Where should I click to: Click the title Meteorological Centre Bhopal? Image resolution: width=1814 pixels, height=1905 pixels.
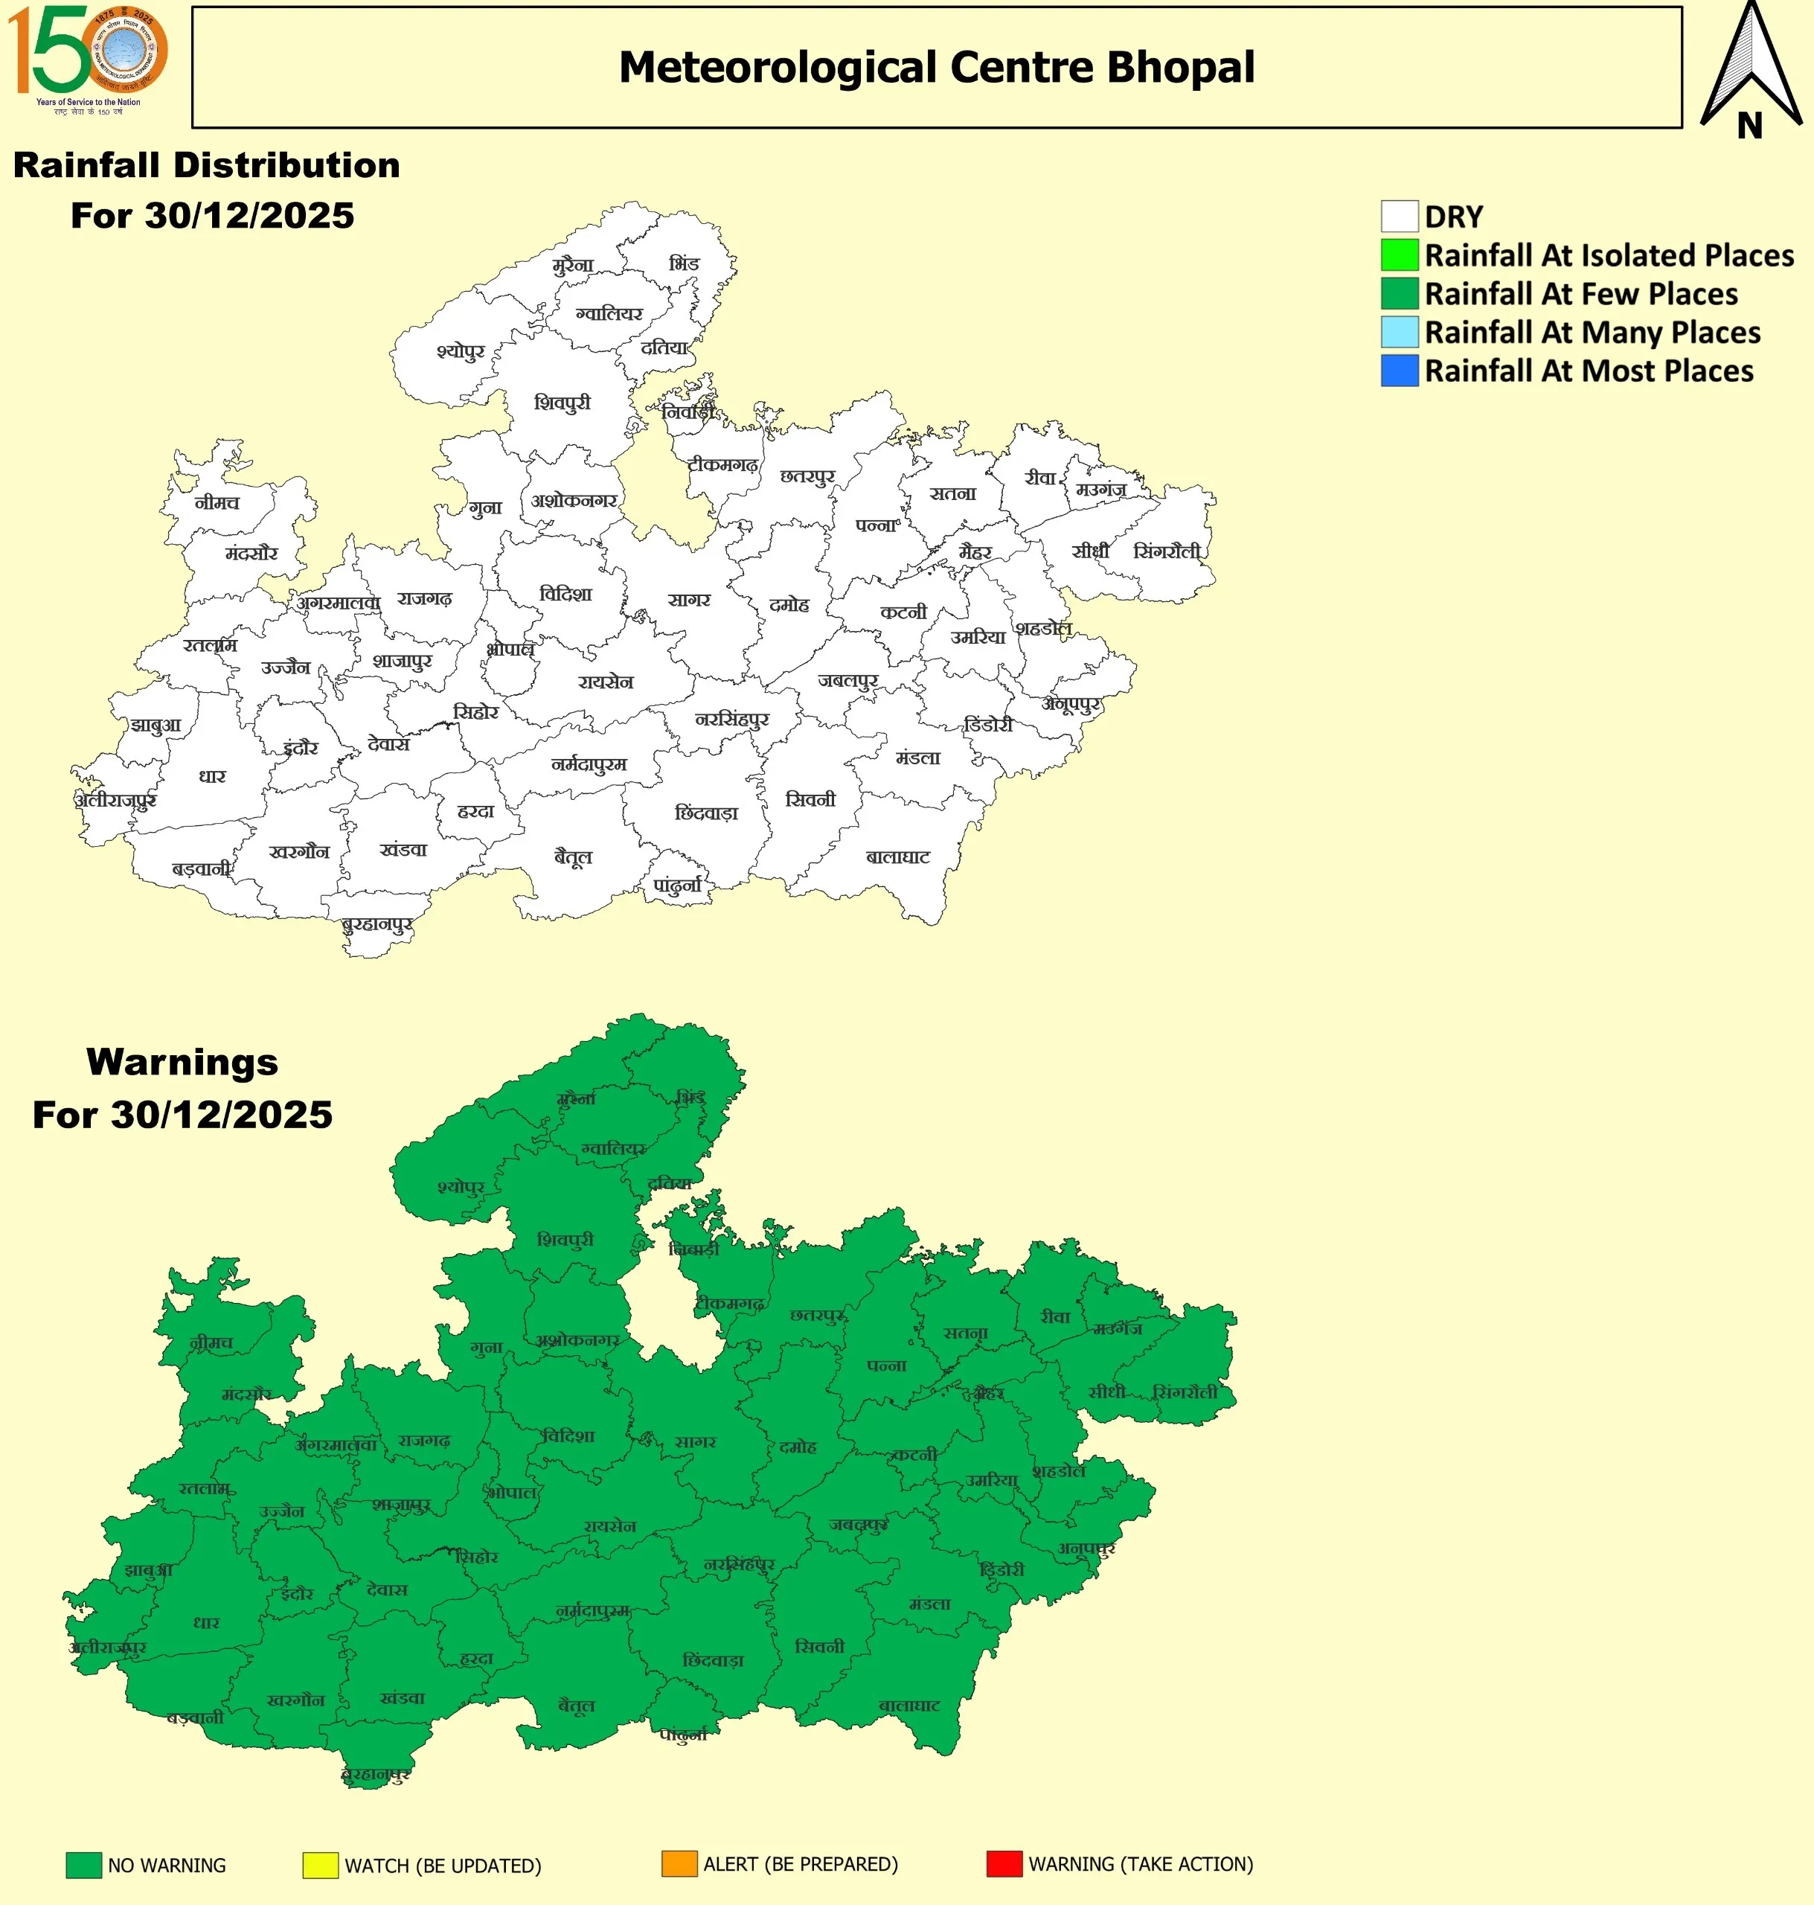[x=936, y=68]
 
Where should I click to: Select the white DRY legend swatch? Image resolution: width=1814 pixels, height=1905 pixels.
[x=1398, y=217]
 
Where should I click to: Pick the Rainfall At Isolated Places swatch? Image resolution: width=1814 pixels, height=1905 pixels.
[x=1398, y=255]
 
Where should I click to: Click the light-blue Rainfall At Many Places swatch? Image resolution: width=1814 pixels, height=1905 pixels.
[x=1398, y=332]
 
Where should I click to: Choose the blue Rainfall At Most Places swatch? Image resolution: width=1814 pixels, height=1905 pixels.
[x=1398, y=371]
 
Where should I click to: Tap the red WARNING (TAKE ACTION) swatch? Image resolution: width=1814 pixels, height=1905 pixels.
[x=1004, y=1863]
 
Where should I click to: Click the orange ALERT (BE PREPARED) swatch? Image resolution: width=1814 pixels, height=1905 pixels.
[x=679, y=1863]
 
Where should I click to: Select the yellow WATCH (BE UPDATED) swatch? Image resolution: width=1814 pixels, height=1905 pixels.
[x=320, y=1864]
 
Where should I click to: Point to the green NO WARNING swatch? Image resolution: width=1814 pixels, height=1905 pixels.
[x=83, y=1864]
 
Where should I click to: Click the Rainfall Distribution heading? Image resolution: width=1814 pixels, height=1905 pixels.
[x=206, y=165]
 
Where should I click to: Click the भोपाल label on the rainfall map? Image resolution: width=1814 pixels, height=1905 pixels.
[x=510, y=649]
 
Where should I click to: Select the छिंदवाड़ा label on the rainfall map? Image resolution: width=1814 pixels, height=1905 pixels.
[x=706, y=813]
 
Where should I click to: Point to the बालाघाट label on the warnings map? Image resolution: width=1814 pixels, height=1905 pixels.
[x=909, y=1705]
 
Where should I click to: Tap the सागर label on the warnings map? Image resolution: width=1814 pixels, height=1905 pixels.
[x=694, y=1442]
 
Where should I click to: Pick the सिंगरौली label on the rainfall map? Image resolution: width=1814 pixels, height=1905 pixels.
[x=1166, y=551]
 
